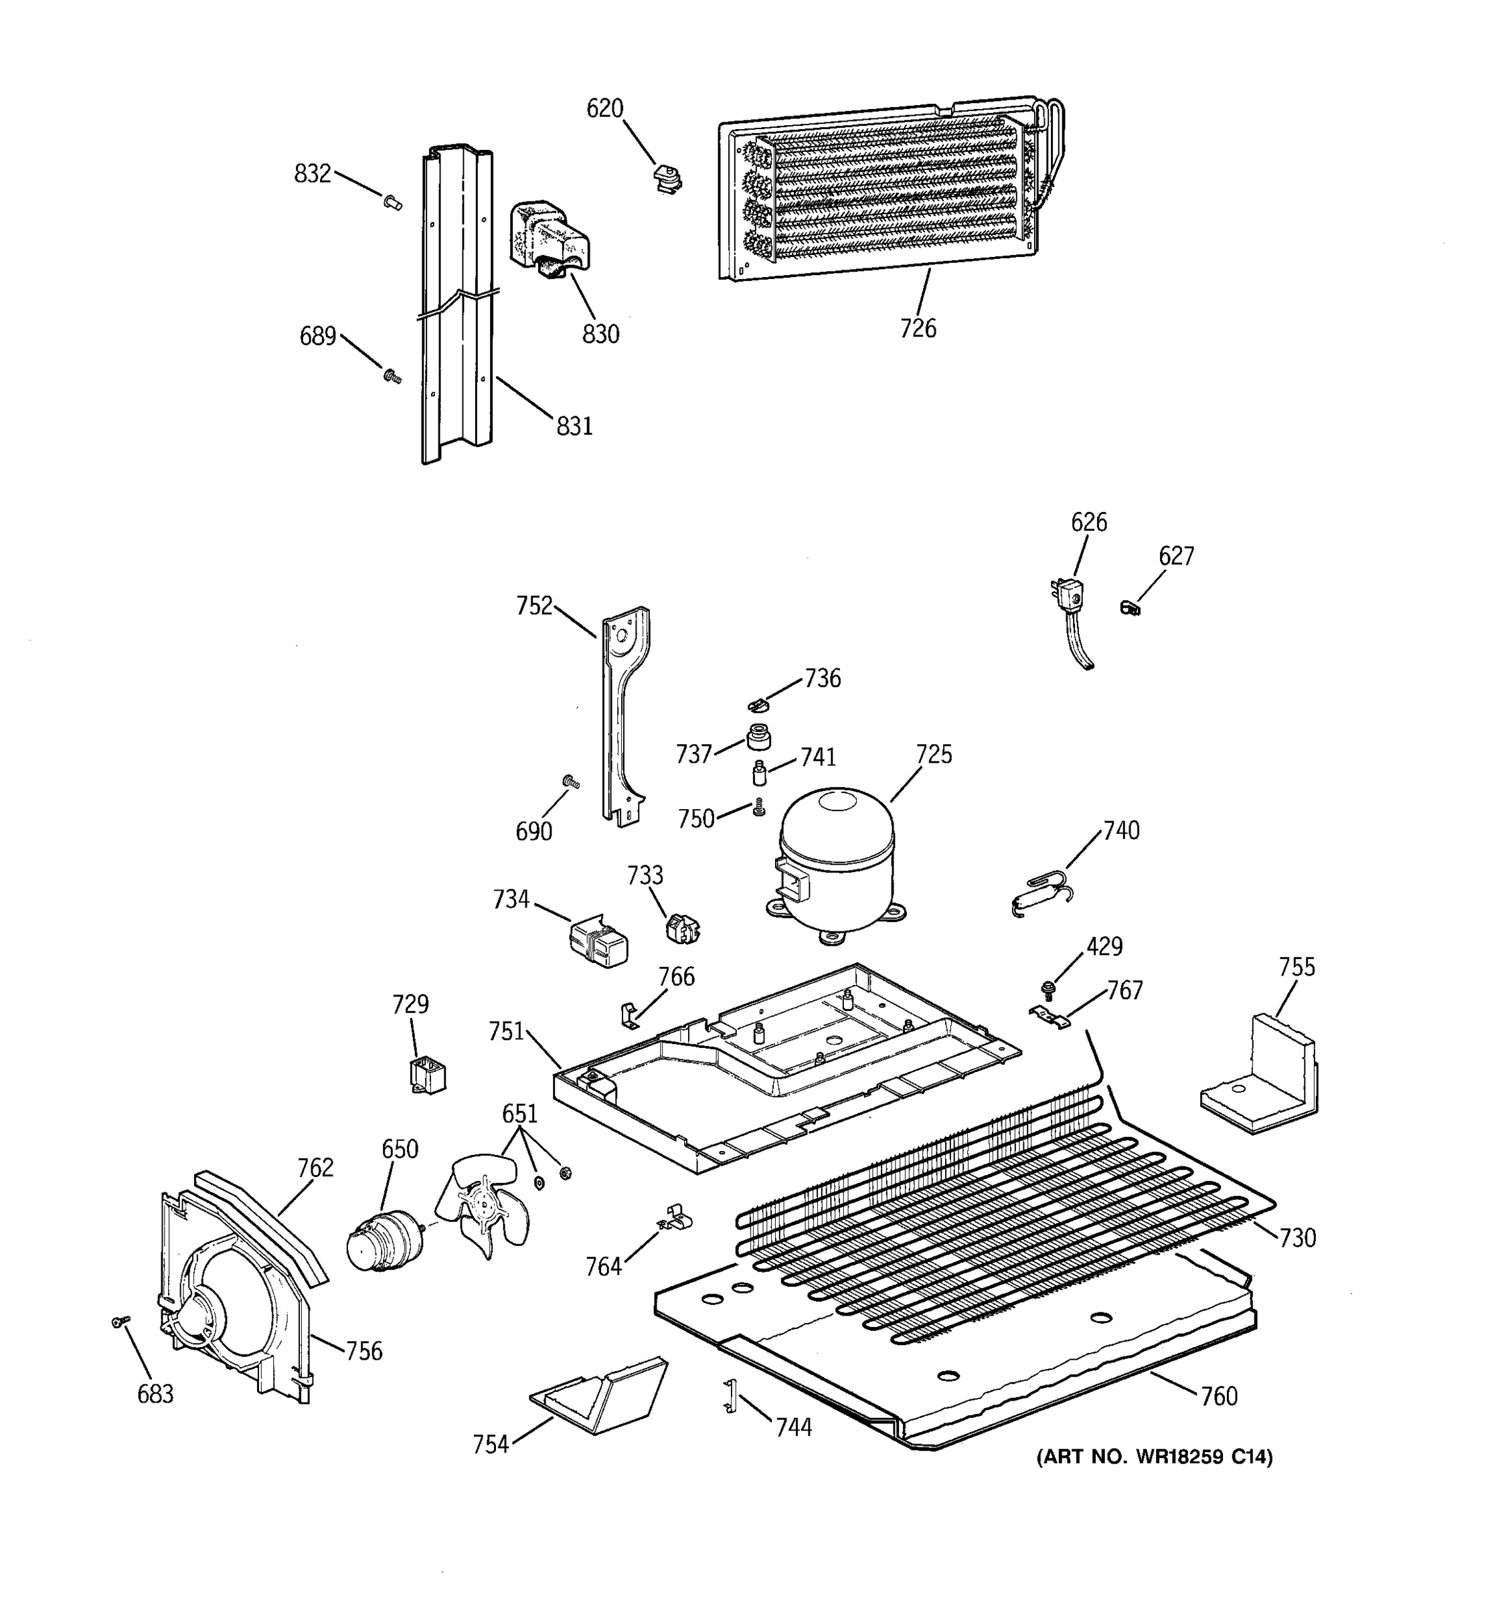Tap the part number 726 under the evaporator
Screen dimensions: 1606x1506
(918, 329)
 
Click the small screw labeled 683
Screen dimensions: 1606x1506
(121, 1322)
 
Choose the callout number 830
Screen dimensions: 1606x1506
(600, 334)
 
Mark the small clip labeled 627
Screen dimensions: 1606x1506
(1130, 607)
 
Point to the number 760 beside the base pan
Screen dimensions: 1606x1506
(1218, 1396)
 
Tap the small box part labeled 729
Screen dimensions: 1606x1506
(428, 1076)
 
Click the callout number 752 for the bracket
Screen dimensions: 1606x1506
(534, 606)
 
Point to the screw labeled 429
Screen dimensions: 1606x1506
(1049, 987)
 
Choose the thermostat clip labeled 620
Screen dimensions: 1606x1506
(667, 179)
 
